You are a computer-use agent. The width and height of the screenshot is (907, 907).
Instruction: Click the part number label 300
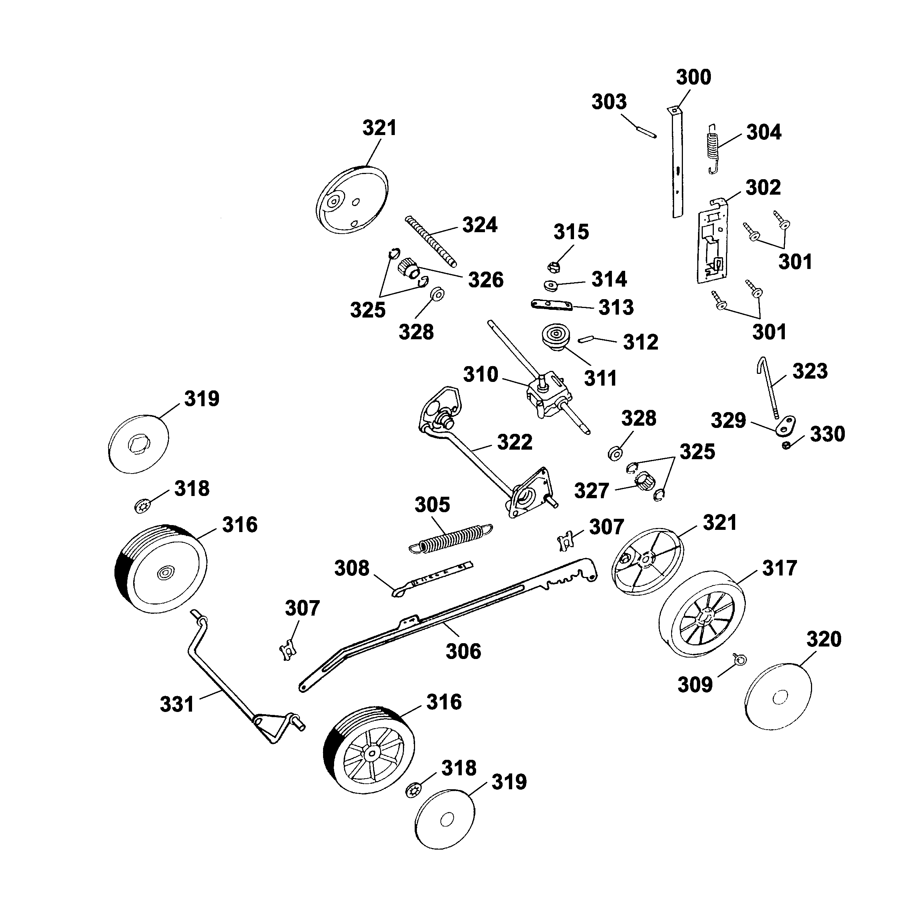click(x=693, y=77)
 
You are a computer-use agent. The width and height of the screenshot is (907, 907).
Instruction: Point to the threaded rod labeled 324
click(x=431, y=241)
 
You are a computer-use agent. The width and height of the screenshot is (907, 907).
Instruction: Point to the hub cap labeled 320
click(x=778, y=697)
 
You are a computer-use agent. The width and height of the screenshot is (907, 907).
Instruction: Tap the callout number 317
click(x=779, y=568)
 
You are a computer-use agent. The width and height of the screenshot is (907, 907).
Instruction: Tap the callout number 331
click(x=177, y=704)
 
